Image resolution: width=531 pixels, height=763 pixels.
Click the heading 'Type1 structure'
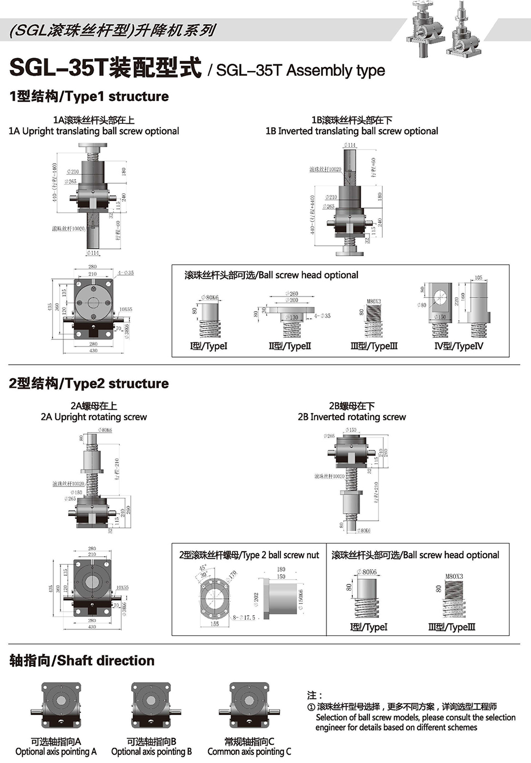(89, 96)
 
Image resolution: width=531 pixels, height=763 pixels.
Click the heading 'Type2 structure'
(89, 384)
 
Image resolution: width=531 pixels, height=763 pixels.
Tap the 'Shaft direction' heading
(82, 661)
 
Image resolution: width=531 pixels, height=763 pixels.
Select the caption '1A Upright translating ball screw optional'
(94, 131)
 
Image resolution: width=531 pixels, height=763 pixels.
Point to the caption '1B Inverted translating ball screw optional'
(351, 131)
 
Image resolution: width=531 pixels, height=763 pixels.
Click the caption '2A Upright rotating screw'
(94, 417)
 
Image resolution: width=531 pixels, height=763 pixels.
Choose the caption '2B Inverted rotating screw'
(351, 417)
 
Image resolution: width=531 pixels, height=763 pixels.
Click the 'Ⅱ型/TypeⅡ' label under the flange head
(290, 346)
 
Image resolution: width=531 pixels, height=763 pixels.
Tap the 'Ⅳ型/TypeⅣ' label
(458, 346)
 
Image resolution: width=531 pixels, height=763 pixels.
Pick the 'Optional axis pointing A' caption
(56, 751)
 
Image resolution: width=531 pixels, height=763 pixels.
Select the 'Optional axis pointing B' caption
(152, 751)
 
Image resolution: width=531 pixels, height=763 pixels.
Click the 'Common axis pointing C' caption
(249, 751)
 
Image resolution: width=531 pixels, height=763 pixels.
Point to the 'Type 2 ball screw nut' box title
(249, 555)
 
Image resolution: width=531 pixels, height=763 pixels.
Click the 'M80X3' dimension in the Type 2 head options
(454, 576)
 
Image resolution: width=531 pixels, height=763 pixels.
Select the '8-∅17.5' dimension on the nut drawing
(244, 617)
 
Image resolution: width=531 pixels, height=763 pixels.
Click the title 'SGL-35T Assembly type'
(300, 70)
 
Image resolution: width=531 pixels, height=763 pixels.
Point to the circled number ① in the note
(311, 707)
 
